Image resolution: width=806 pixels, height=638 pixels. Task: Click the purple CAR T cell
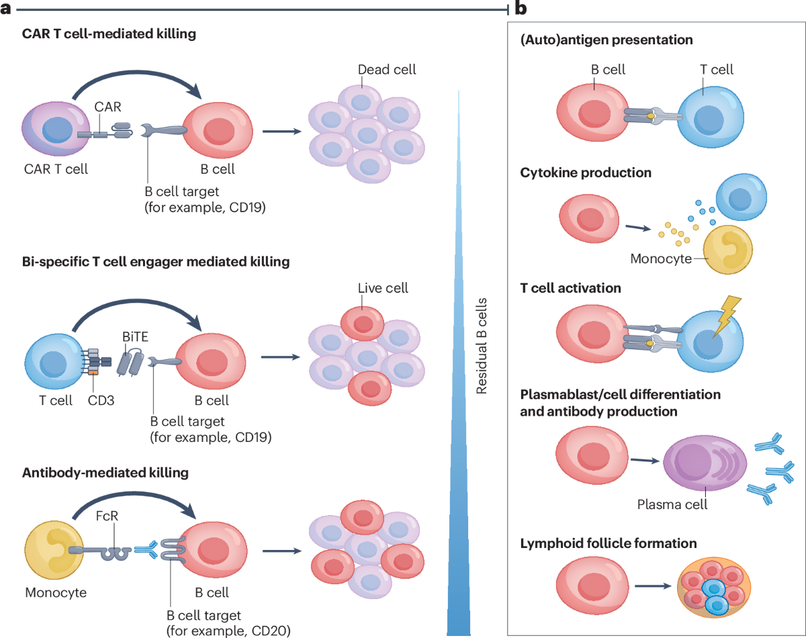coord(56,129)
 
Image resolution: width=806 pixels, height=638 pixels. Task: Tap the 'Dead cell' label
coord(386,70)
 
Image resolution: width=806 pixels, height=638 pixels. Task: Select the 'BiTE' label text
coord(135,336)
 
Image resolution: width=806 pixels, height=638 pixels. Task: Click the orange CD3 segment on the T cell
coord(93,373)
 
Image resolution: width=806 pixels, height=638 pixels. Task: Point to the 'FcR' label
coord(107,516)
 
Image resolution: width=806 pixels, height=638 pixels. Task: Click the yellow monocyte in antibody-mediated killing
coord(54,550)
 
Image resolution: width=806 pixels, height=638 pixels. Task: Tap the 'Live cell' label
coord(383,288)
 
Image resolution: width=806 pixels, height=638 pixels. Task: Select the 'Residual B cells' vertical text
coord(482,346)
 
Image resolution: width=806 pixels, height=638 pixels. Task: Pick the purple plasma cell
coord(705,463)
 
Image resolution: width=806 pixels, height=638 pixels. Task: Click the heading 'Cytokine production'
coord(586,173)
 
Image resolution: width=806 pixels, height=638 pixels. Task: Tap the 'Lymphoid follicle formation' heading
coord(609,543)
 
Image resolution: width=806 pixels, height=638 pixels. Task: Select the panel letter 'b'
coord(521,8)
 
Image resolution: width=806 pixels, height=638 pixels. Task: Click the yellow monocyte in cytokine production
coord(727,250)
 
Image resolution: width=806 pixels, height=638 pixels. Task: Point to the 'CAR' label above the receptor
coord(107,107)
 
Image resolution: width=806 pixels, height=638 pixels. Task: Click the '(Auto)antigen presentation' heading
coord(607,40)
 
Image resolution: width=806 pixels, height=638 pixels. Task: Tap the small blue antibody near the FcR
coord(146,549)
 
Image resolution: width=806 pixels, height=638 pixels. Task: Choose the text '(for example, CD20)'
coord(228,631)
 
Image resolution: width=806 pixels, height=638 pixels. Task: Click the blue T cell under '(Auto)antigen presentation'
coord(711,117)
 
